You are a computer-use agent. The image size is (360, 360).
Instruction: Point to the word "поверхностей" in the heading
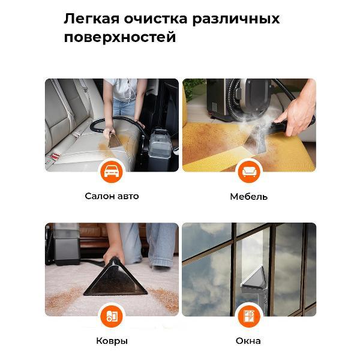pos(120,37)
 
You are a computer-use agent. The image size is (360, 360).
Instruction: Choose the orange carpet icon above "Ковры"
pos(111,316)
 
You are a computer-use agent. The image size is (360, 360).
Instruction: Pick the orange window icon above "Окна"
pos(248,316)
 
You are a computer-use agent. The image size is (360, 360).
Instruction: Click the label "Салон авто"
pos(112,196)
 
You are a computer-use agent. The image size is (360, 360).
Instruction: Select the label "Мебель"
pos(248,196)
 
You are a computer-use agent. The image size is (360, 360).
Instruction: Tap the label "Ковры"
pos(112,341)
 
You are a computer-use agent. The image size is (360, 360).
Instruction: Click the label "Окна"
pos(248,341)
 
